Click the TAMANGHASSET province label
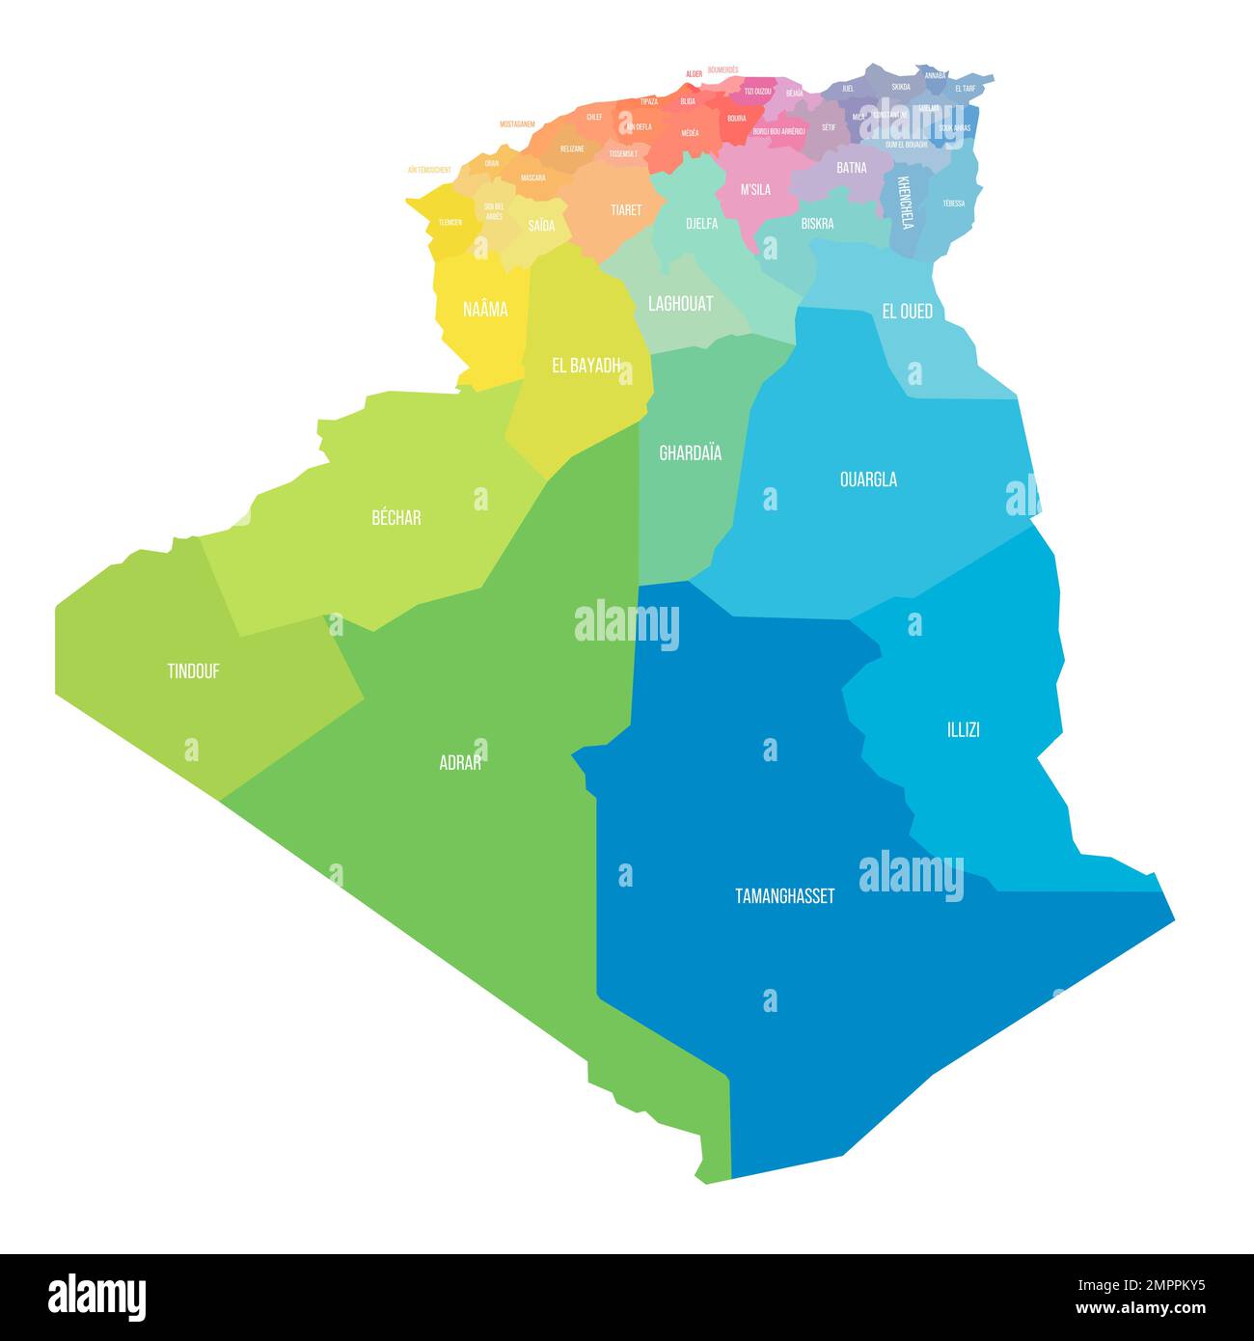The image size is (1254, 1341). [784, 896]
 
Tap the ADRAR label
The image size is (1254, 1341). [460, 762]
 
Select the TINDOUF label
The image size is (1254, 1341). [193, 671]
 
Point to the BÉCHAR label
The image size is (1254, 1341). [396, 518]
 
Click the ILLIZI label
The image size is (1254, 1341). [963, 729]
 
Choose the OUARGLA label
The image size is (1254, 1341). [868, 479]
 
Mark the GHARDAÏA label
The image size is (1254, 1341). [690, 452]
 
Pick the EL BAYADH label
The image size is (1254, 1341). [586, 366]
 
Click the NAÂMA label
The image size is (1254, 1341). [485, 310]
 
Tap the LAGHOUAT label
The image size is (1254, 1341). [680, 304]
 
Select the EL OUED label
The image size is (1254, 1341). [907, 312]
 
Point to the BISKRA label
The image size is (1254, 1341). [817, 224]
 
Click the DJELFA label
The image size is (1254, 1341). [701, 224]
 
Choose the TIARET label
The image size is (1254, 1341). [625, 209]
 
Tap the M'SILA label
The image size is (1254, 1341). [755, 190]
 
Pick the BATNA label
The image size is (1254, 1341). [851, 168]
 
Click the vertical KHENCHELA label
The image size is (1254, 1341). [905, 203]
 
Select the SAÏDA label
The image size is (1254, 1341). [541, 226]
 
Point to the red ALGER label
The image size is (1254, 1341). [694, 73]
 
